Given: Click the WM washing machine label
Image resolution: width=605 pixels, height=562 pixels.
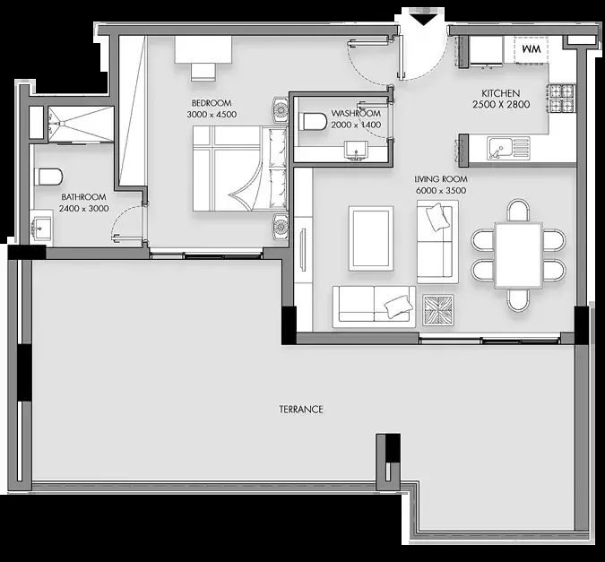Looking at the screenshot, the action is click(532, 49).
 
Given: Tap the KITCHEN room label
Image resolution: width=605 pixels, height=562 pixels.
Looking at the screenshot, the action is click(500, 93).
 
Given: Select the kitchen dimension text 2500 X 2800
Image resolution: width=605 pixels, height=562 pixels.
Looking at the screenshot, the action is click(501, 105).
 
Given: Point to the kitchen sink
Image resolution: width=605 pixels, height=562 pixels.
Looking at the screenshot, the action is click(508, 148).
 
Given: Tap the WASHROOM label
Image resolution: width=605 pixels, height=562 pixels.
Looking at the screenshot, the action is click(356, 114).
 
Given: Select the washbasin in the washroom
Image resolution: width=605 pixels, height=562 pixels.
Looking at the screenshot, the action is click(357, 150).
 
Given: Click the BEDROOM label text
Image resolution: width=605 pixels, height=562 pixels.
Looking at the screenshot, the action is click(212, 103).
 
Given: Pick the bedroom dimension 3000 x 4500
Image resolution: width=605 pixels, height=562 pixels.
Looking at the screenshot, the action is click(212, 115).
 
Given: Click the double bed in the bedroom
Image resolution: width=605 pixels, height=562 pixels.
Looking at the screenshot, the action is click(239, 169).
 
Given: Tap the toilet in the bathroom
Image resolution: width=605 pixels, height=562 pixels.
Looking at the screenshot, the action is click(48, 177).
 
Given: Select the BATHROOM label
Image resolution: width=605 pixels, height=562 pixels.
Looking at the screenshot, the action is click(83, 197).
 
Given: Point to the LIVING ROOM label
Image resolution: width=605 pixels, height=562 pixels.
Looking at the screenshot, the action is click(441, 179).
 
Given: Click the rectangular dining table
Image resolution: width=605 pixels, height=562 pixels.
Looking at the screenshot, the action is click(519, 255).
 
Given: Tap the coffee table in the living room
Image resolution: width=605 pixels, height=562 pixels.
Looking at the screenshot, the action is click(371, 238).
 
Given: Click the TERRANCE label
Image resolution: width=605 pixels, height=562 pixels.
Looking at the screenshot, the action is click(301, 409).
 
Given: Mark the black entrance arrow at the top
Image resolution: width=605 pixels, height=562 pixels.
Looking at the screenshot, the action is click(424, 20).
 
